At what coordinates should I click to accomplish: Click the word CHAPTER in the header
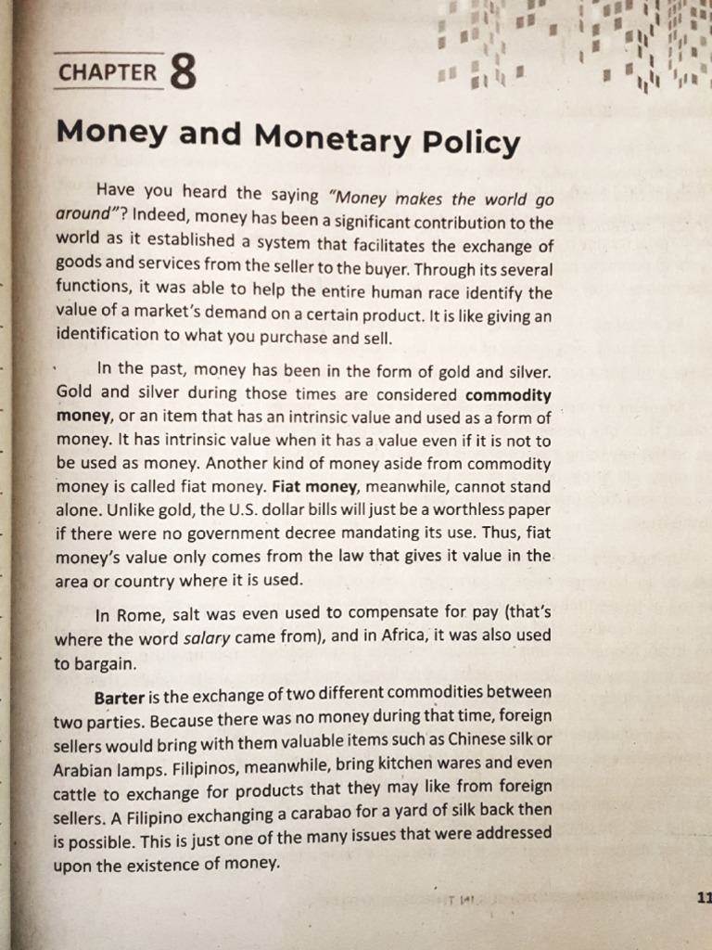108,72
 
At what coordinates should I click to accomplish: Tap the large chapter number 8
184,73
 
